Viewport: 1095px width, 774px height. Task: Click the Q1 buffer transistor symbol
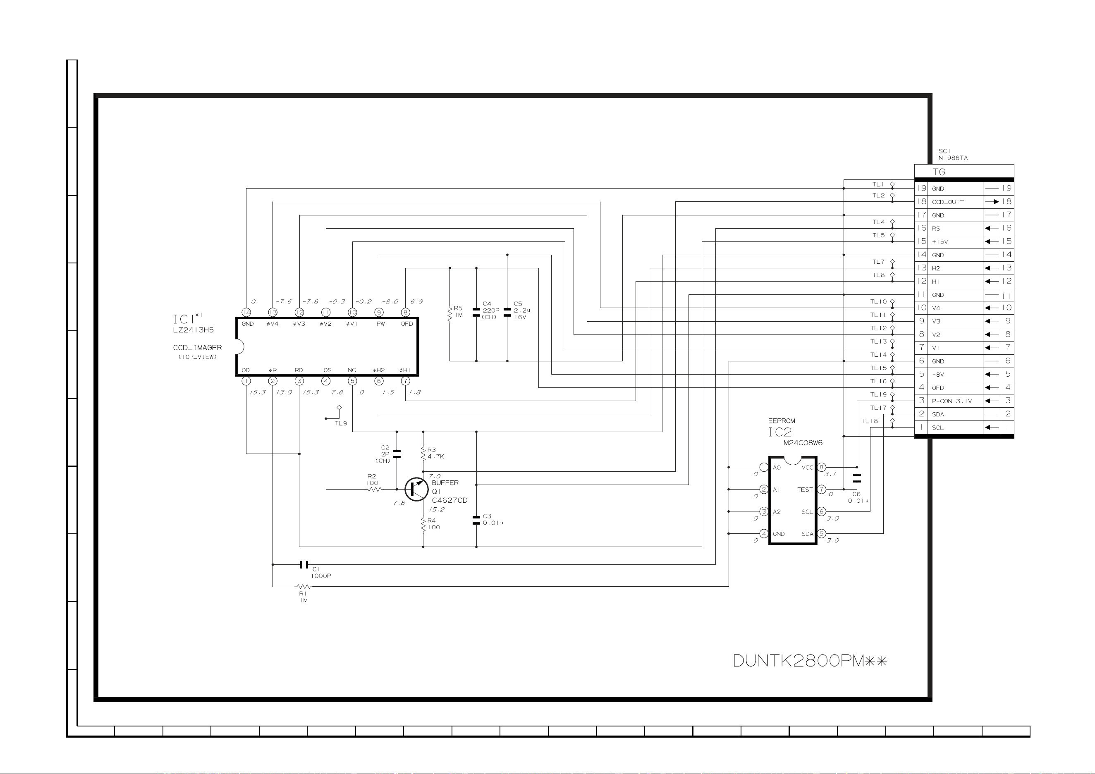[x=416, y=489]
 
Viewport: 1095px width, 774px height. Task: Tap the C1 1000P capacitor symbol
[x=304, y=565]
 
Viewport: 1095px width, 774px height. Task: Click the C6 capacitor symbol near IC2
[x=856, y=478]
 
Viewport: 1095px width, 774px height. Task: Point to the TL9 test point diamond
[x=339, y=408]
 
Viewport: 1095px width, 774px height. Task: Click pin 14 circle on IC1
[x=246, y=312]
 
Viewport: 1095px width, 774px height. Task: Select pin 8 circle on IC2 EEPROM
[x=821, y=467]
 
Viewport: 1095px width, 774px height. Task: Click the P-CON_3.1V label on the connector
[x=952, y=401]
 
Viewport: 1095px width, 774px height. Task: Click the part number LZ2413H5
[x=193, y=330]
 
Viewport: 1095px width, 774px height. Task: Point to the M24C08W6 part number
[x=803, y=443]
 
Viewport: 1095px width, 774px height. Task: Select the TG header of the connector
[x=939, y=172]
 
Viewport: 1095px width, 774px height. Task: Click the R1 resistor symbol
[x=304, y=587]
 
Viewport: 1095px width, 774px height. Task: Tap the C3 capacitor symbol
[x=476, y=520]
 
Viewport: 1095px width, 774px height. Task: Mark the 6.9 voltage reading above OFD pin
[x=416, y=301]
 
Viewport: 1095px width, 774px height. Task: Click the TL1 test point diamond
[x=892, y=184]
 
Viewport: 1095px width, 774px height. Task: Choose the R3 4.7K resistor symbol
[x=423, y=454]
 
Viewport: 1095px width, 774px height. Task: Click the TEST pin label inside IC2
[x=805, y=490]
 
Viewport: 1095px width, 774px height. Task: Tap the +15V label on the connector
[x=940, y=242]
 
